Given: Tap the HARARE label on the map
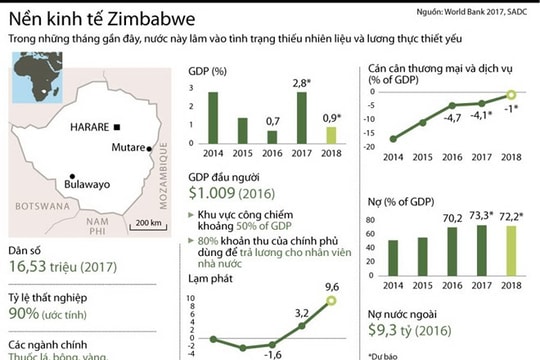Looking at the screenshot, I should coord(89,127).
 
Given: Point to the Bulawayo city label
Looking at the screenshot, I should coord(77,185).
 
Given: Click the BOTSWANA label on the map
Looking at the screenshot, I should coord(38,205).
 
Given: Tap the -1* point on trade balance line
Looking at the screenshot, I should coord(510,95).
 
